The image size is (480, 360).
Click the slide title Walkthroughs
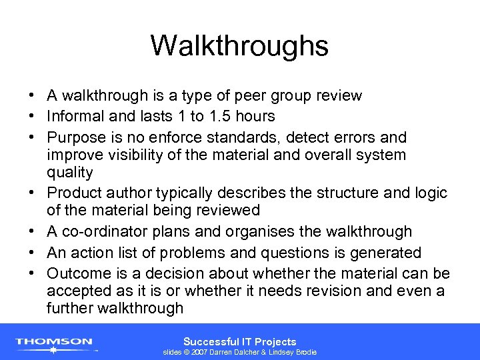(239, 46)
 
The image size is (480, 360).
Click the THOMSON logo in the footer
(54, 343)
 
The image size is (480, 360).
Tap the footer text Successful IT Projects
(239, 341)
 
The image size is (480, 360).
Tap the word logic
(431, 193)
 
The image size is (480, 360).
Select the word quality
(69, 173)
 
